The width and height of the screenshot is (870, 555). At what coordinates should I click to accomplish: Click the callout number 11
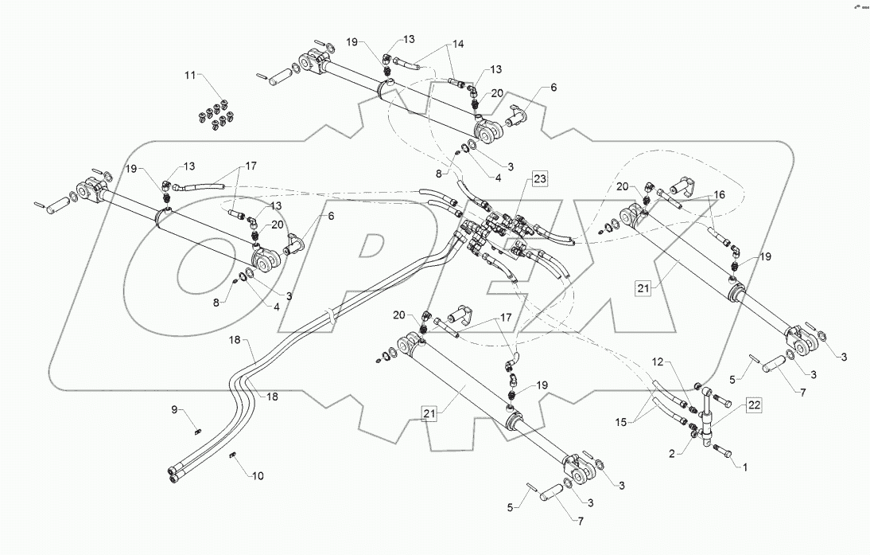pyautogui.click(x=190, y=75)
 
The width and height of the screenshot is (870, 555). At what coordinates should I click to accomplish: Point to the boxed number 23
pyautogui.click(x=540, y=178)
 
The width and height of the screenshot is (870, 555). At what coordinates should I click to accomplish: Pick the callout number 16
pyautogui.click(x=719, y=193)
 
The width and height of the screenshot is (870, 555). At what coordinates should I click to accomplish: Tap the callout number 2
pyautogui.click(x=674, y=453)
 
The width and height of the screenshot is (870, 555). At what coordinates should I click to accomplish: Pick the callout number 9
pyautogui.click(x=176, y=411)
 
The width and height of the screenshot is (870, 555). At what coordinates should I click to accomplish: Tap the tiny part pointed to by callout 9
pyautogui.click(x=198, y=431)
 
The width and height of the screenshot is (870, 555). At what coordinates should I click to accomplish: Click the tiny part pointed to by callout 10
pyautogui.click(x=233, y=455)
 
